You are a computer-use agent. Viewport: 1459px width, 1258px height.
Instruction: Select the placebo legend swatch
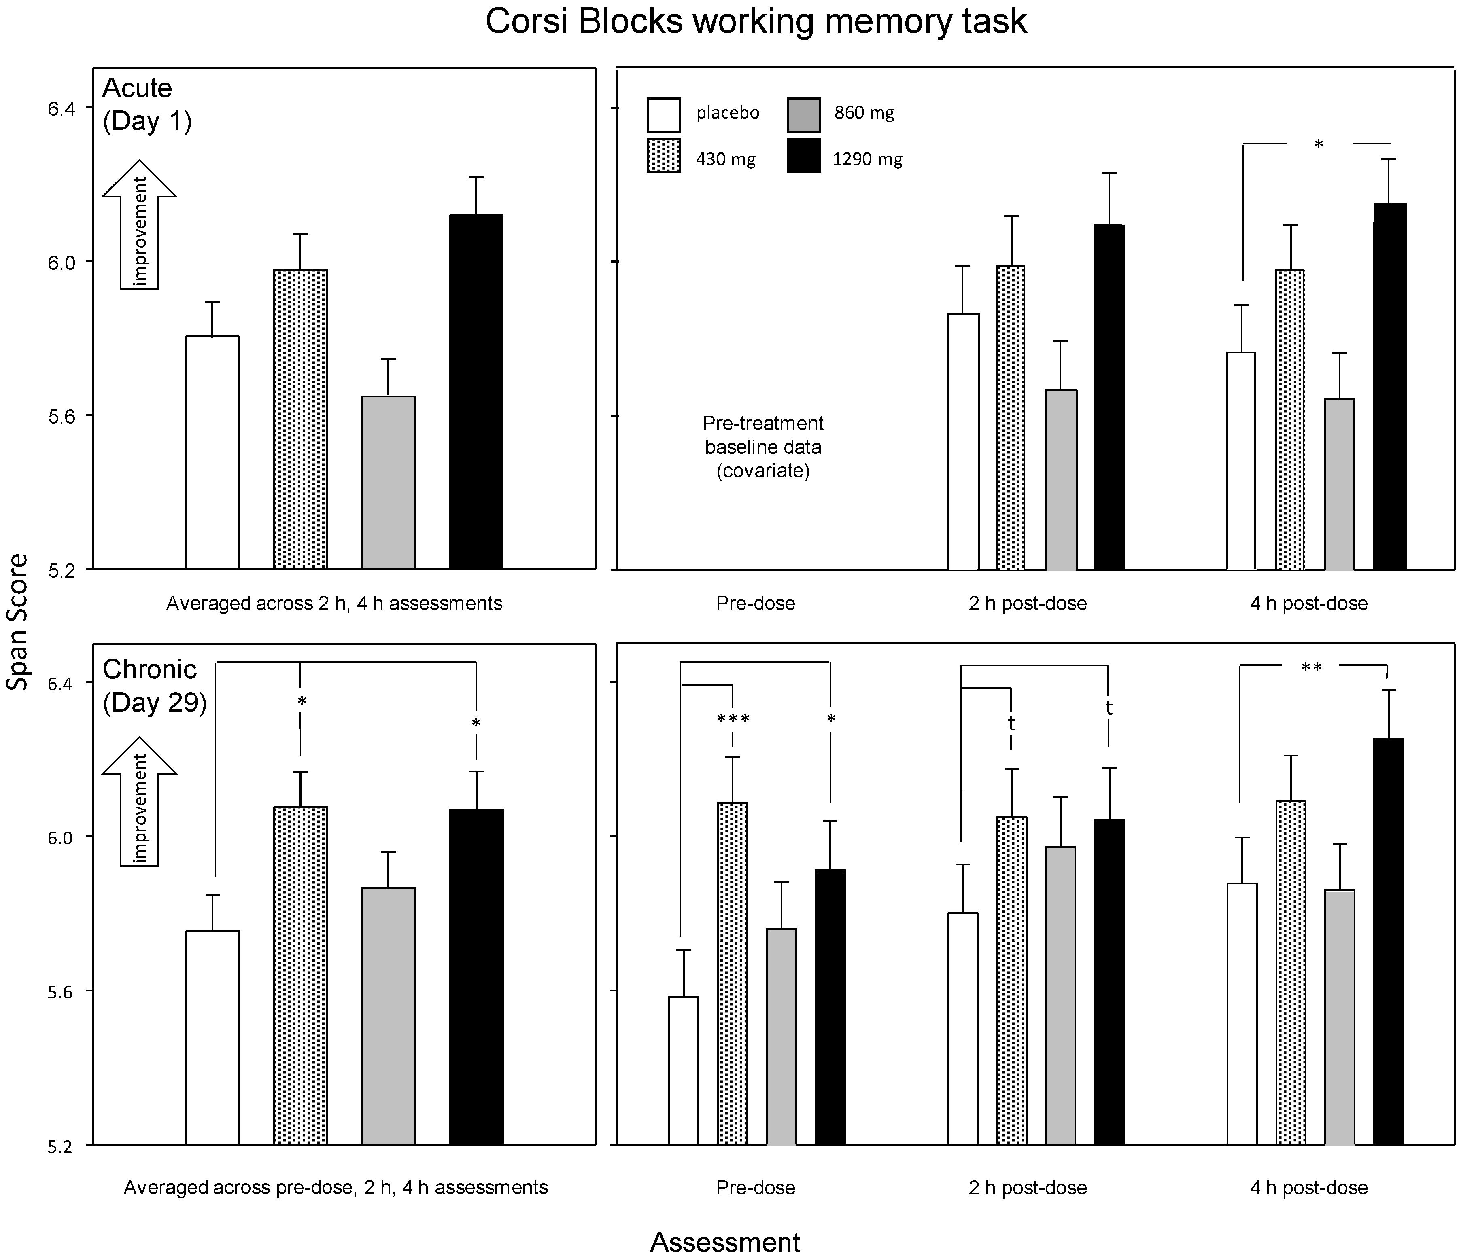(663, 115)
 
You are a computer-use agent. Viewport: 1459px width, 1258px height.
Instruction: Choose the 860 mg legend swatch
(803, 115)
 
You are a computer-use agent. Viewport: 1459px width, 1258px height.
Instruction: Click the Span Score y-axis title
(17, 622)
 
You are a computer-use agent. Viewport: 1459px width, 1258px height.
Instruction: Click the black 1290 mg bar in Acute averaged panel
(476, 392)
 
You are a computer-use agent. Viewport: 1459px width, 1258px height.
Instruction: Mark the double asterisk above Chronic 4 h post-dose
(1311, 668)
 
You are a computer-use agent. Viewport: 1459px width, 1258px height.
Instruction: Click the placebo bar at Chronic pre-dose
(683, 1070)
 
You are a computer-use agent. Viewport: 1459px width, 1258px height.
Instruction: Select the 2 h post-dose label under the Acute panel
(1027, 603)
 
